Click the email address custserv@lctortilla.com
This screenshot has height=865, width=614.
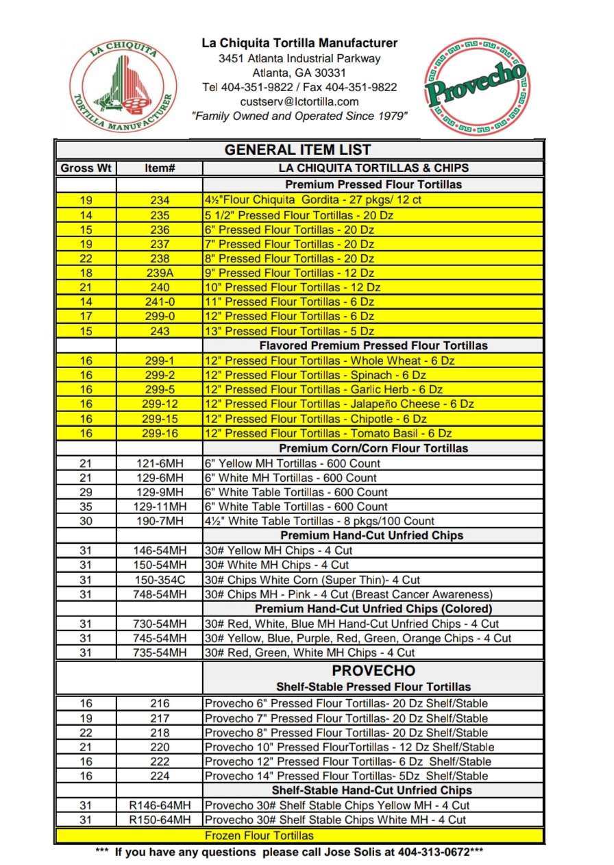coord(299,101)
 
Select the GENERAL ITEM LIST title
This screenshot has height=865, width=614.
coord(298,150)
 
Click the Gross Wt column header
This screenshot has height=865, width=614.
coord(86,168)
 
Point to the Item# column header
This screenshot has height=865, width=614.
coord(160,168)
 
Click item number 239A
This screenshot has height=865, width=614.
coord(160,273)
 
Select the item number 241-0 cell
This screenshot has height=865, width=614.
coord(160,302)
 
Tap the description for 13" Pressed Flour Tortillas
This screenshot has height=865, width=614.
coord(288,331)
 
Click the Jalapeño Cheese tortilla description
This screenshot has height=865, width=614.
coord(339,404)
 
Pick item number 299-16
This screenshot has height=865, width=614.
coord(160,433)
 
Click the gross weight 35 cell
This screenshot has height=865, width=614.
coord(86,507)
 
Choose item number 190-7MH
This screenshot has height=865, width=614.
coord(160,521)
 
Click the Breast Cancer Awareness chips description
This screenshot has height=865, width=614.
coord(348,594)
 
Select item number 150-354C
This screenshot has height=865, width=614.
coord(160,580)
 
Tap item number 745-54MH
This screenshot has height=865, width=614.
coord(160,638)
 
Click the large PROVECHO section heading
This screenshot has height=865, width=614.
coord(373,671)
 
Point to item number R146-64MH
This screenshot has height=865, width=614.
coord(160,805)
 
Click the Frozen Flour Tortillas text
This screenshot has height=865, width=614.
coord(259,836)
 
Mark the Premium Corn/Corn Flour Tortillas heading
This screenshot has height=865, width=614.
coord(373,448)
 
